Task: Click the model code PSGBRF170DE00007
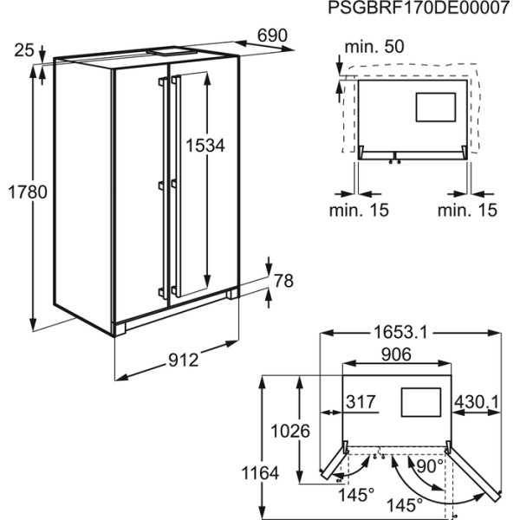click(x=419, y=8)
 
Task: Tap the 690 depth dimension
click(x=272, y=36)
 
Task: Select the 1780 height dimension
click(x=28, y=192)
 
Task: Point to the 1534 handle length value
click(x=205, y=146)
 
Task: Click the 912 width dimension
click(x=183, y=361)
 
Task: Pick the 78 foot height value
click(x=283, y=281)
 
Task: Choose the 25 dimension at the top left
click(x=24, y=50)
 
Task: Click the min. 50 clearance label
click(x=374, y=47)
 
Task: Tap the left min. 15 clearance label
click(x=359, y=210)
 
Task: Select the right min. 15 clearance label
click(x=467, y=210)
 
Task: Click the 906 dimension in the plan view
click(x=396, y=354)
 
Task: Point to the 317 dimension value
click(x=361, y=402)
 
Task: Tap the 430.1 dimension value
click(x=476, y=403)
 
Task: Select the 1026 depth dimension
click(x=290, y=432)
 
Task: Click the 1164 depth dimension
click(x=260, y=473)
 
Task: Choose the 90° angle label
click(x=430, y=466)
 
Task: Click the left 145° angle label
click(x=356, y=496)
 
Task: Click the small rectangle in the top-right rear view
click(x=435, y=107)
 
